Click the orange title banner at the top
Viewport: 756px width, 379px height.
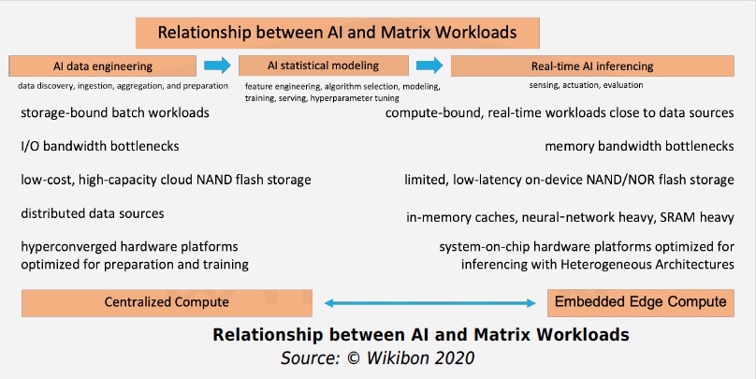[337, 32]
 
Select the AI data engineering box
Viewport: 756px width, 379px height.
[104, 66]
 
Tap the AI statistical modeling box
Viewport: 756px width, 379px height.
[323, 66]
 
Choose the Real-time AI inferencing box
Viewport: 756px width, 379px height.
[592, 66]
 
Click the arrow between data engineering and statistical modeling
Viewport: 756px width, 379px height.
[217, 66]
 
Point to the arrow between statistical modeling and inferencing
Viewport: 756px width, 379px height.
[429, 66]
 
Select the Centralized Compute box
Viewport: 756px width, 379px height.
[167, 301]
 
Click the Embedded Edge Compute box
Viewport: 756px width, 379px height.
[640, 301]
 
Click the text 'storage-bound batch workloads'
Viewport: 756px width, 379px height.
[115, 113]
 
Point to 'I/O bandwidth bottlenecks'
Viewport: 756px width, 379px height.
[99, 147]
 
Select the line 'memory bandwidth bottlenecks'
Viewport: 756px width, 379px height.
[639, 147]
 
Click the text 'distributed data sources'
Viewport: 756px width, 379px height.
[93, 213]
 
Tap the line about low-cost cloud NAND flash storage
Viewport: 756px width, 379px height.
[166, 180]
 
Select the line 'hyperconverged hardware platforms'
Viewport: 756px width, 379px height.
[129, 247]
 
